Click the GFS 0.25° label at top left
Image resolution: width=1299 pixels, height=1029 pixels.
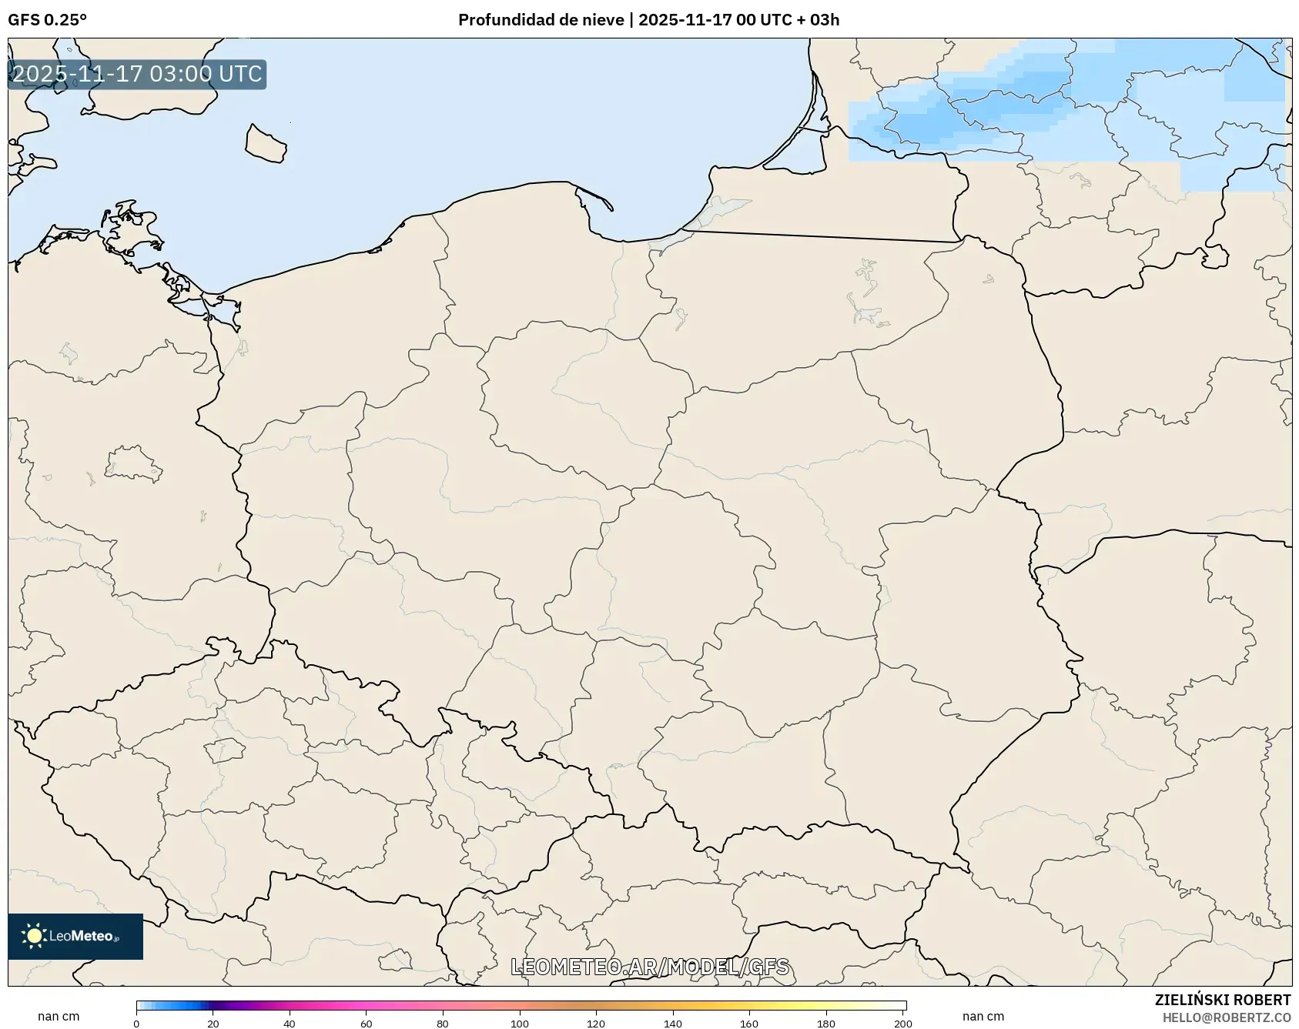tap(47, 20)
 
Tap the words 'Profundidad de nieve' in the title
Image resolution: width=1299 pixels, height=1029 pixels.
tap(541, 20)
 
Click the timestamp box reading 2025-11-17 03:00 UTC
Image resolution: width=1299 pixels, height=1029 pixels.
tap(137, 75)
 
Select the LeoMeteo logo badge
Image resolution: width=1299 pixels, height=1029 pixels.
tap(75, 936)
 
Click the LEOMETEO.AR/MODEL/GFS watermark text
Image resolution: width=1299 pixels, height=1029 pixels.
tap(650, 967)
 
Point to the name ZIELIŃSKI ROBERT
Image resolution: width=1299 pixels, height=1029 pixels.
tap(1222, 1000)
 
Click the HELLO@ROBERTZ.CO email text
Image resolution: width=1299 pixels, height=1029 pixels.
tap(1226, 1017)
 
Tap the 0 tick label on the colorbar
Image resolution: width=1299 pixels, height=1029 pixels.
tap(136, 1024)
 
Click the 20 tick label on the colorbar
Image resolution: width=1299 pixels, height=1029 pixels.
tap(213, 1024)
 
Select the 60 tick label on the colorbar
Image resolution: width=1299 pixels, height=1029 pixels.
tap(367, 1024)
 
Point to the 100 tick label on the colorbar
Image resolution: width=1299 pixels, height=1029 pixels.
tap(520, 1024)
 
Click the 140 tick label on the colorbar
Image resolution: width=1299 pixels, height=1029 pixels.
tap(673, 1024)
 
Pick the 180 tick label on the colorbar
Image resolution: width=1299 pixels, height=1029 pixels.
tap(826, 1024)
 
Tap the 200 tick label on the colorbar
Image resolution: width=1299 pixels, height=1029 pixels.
tap(903, 1024)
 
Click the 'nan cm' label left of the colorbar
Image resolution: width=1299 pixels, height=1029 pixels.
tap(59, 1016)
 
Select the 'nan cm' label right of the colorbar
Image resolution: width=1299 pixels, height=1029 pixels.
tap(983, 1016)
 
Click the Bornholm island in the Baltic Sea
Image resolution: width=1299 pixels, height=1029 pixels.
tap(266, 144)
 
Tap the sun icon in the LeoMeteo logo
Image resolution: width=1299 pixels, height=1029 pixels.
tap(34, 936)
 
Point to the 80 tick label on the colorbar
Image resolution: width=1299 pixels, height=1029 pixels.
tap(443, 1024)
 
